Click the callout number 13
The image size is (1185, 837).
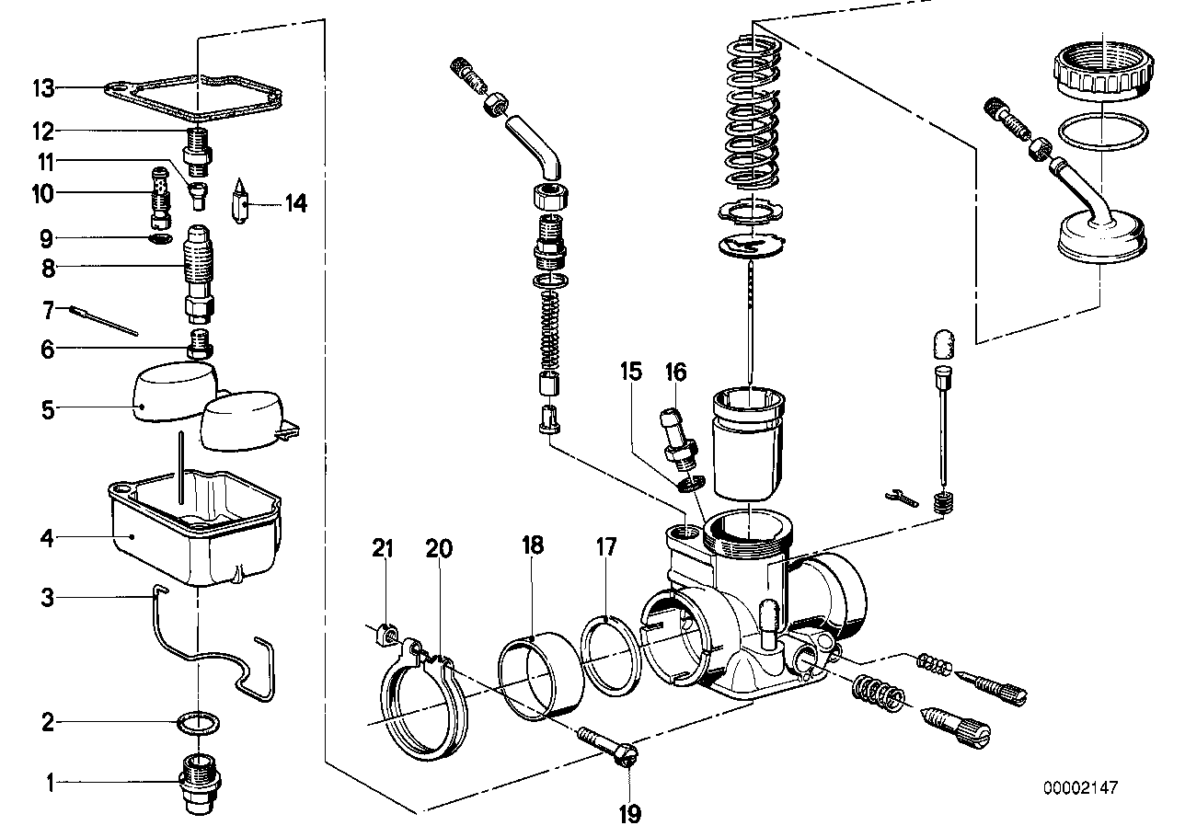pos(44,89)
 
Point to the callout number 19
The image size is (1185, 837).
pos(630,813)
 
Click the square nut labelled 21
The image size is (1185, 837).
pos(386,634)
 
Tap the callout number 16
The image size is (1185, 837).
pos(676,373)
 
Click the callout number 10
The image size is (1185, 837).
pos(44,193)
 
